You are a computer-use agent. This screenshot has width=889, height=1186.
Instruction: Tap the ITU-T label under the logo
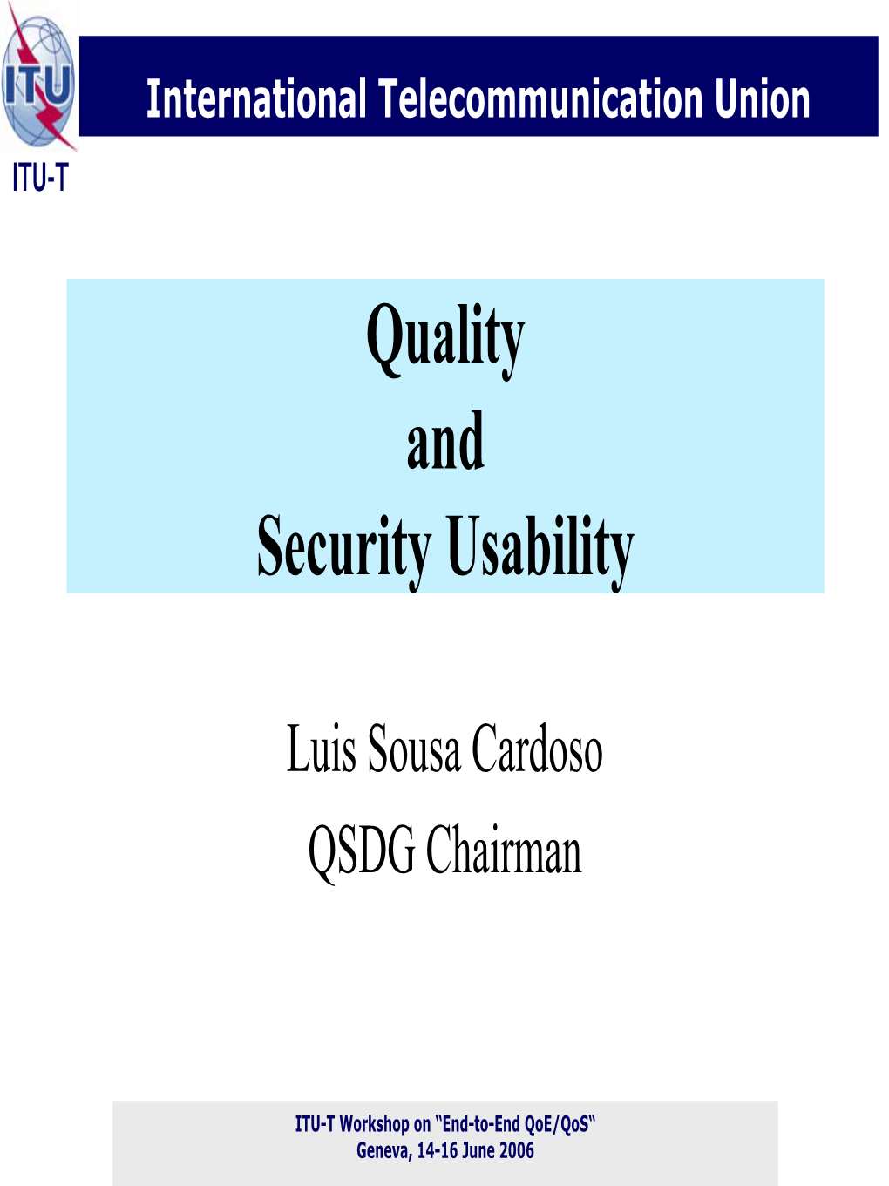click(x=41, y=178)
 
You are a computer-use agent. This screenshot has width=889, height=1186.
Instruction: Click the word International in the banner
click(x=257, y=98)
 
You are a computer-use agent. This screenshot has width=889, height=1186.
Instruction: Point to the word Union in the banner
click(x=762, y=98)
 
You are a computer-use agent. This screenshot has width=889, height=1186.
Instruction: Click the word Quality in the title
click(x=445, y=342)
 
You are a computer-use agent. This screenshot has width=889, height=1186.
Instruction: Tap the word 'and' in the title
click(x=445, y=440)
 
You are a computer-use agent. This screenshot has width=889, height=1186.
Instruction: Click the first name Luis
click(x=321, y=749)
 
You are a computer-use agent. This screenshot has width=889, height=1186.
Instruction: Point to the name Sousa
click(x=414, y=749)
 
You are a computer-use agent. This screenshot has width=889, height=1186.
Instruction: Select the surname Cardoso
click(x=537, y=749)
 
